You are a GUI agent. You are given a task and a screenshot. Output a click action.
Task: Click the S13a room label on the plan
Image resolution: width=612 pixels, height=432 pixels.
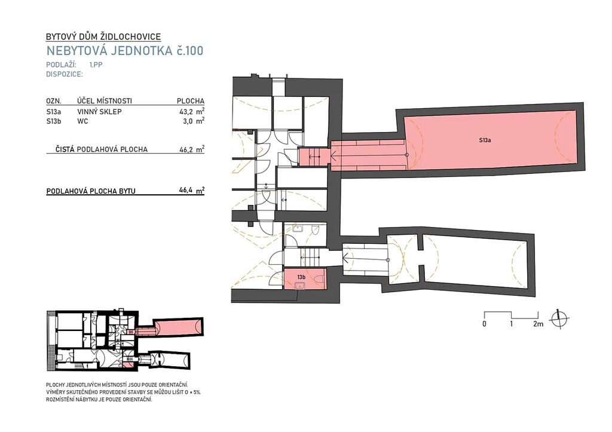click(x=485, y=140)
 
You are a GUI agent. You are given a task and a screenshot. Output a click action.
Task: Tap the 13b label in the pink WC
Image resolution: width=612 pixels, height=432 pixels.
click(x=301, y=277)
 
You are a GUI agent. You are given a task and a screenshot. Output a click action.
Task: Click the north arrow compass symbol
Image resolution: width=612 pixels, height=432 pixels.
click(x=559, y=320)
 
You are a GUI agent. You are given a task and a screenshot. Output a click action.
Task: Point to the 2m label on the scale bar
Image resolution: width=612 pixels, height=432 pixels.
click(x=538, y=323)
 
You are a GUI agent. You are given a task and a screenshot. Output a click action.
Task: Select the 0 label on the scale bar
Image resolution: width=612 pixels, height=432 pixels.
click(x=484, y=323)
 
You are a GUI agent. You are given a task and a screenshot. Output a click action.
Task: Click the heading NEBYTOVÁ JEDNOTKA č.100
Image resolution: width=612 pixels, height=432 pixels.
click(x=125, y=51)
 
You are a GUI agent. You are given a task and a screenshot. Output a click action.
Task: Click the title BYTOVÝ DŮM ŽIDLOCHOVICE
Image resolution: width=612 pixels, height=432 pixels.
click(x=103, y=36)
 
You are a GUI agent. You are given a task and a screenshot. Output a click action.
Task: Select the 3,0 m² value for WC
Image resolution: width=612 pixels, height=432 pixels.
click(x=193, y=121)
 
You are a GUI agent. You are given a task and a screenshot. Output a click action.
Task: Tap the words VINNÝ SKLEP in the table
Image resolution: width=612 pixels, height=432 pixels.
click(x=100, y=112)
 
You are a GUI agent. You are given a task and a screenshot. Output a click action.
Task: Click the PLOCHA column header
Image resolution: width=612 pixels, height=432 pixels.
click(x=191, y=101)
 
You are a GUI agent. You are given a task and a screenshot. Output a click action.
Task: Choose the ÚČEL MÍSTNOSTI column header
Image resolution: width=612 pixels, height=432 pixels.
click(x=105, y=101)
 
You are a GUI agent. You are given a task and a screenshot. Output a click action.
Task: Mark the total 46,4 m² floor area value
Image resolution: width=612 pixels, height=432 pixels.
click(x=192, y=191)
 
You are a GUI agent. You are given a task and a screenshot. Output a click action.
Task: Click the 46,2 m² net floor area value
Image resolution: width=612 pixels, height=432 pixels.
click(x=192, y=149)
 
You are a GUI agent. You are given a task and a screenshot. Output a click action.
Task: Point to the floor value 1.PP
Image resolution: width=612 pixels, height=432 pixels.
click(x=96, y=65)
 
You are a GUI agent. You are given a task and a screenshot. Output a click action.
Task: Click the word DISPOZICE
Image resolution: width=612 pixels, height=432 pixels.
click(x=65, y=74)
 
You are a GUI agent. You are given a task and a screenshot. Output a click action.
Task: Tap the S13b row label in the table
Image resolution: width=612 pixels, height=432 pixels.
click(x=54, y=121)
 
